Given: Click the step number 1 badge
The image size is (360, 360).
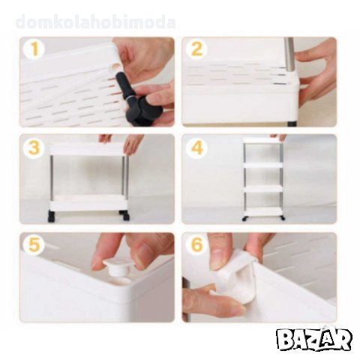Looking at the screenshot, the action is point(34,49).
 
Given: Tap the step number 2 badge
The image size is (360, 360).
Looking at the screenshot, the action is point(196,49).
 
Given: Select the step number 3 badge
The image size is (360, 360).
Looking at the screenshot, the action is point(34,148).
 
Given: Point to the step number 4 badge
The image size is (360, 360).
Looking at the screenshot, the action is point(196,148).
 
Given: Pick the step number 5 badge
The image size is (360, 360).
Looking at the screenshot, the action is point(34,244).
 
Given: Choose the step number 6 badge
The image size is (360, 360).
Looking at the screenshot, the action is point(196,244).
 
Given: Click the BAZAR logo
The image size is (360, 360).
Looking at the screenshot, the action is point(314,339).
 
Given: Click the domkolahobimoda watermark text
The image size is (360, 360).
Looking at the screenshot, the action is point(95,22).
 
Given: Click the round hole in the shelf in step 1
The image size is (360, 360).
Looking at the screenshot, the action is point(116,67).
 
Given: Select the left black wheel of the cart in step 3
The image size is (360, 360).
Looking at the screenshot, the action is point(51,216).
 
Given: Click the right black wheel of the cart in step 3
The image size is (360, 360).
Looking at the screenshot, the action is point(125,216).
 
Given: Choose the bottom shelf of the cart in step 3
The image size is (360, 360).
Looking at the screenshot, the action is point(88,203).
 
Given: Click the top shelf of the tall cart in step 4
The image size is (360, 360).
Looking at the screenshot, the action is point(262,140).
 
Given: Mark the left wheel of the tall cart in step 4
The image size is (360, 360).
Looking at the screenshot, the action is point(244,218).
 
